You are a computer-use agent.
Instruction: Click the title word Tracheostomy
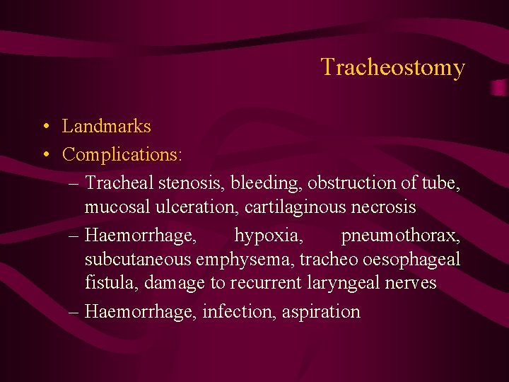pyautogui.click(x=392, y=67)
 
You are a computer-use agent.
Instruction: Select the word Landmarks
pyautogui.click(x=107, y=127)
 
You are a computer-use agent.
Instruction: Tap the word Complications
pyautogui.click(x=122, y=154)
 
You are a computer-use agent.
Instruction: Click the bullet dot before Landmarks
pyautogui.click(x=45, y=127)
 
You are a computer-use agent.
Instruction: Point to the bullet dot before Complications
pyautogui.click(x=45, y=154)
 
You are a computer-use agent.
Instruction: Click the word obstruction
pyautogui.click(x=353, y=183)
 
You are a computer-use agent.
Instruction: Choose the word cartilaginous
pyautogui.click(x=303, y=208)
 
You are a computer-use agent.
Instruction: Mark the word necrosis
pyautogui.click(x=388, y=208)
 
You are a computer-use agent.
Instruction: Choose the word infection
pyautogui.click(x=238, y=311)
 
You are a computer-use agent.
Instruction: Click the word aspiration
pyautogui.click(x=321, y=312)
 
